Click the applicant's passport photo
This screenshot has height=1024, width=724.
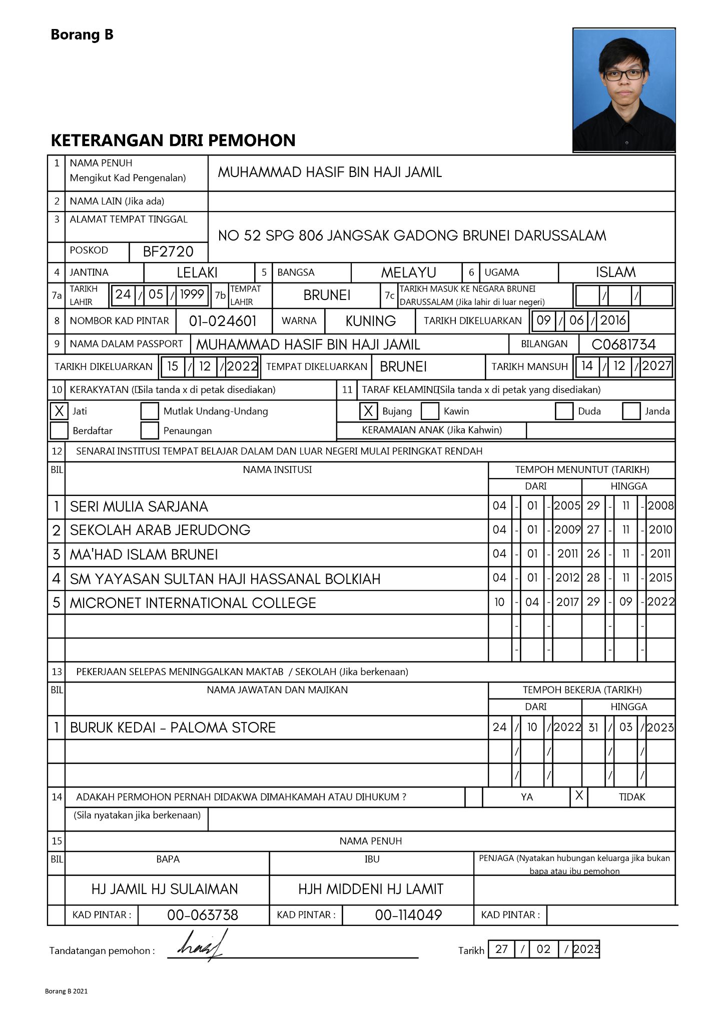[624, 90]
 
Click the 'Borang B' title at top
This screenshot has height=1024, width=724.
[82, 35]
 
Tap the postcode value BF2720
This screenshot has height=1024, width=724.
[168, 251]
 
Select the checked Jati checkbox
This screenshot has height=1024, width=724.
[59, 411]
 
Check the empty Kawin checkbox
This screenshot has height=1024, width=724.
[430, 411]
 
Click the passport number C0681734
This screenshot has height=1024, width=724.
[623, 344]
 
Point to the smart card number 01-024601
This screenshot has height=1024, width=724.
[223, 321]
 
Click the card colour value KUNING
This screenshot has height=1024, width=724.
[370, 321]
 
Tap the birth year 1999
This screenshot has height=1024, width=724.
[192, 294]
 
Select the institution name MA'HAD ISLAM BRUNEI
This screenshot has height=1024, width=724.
[144, 554]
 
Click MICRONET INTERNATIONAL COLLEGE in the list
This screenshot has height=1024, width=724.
[193, 603]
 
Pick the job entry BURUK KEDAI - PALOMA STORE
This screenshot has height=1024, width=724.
[173, 727]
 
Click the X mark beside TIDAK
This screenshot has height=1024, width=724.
[579, 795]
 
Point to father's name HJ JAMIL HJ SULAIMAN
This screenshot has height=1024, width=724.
[165, 888]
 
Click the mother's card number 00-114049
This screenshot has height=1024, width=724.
[408, 915]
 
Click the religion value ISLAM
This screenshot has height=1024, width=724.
[615, 272]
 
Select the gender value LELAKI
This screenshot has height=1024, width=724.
[197, 272]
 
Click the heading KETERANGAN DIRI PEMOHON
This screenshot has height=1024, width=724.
[173, 140]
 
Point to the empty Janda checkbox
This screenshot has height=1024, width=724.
[631, 411]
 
